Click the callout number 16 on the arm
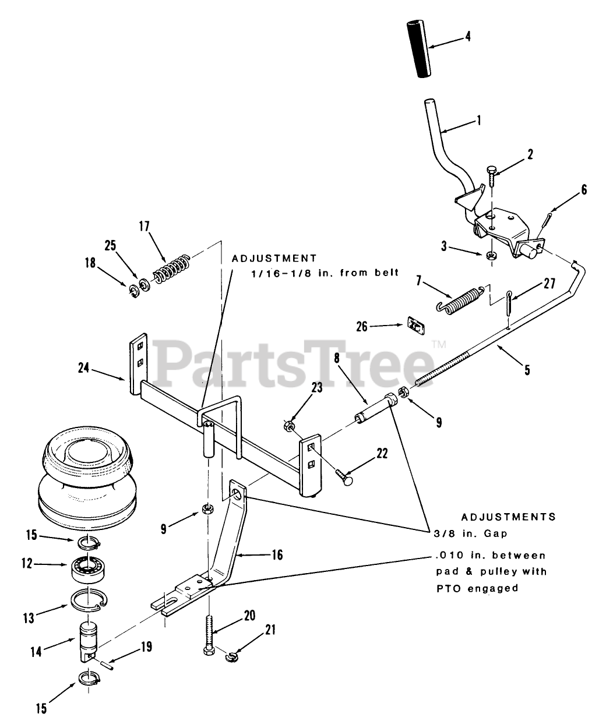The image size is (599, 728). tap(277, 555)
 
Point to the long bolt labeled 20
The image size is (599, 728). tap(210, 635)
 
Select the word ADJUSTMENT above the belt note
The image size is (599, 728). tap(274, 258)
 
